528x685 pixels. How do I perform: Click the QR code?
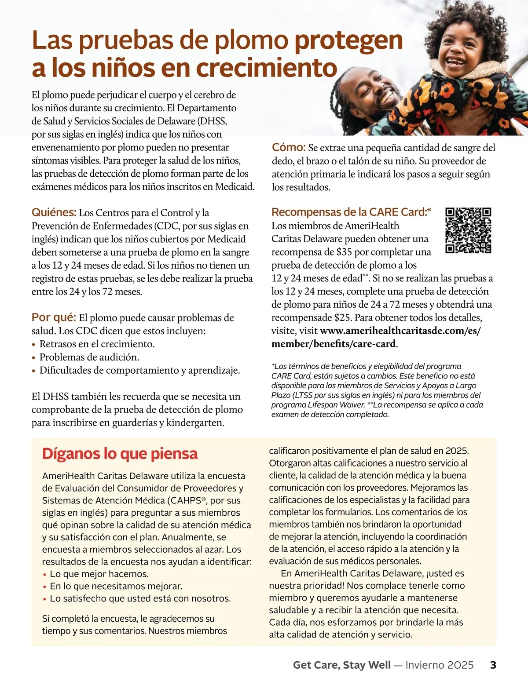(468, 230)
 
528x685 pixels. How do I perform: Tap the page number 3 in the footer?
(493, 665)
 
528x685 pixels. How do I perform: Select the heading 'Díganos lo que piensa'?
(120, 454)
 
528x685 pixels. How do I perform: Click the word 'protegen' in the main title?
(348, 40)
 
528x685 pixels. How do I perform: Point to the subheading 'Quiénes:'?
(54, 213)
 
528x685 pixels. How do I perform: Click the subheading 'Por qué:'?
(54, 317)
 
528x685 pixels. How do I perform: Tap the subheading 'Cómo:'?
(289, 147)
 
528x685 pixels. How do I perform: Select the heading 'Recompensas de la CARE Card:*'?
(351, 212)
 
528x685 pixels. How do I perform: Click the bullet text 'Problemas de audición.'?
(89, 357)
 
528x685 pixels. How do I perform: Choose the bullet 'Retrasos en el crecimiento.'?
(97, 344)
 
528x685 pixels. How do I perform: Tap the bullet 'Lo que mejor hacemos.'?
(99, 574)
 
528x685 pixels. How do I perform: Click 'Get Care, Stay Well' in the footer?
(341, 665)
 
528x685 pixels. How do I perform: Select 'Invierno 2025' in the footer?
(439, 665)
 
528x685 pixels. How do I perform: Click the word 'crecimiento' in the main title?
(266, 68)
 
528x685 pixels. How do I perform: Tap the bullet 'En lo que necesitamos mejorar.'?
(116, 586)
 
